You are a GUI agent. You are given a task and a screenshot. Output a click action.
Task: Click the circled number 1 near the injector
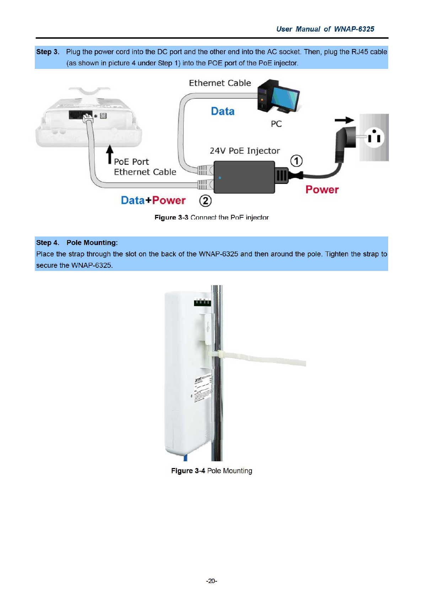pos(296,161)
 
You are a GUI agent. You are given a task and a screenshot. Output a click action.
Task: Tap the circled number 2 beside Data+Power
pos(205,201)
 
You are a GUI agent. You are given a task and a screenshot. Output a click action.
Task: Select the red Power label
pos(322,190)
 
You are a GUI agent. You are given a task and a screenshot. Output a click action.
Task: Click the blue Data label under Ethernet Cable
pos(223,112)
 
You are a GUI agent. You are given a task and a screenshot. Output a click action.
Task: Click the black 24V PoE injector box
pos(244,177)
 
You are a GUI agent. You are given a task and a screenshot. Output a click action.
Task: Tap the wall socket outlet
pos(374,137)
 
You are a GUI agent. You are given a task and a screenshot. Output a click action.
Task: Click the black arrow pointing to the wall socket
pos(344,120)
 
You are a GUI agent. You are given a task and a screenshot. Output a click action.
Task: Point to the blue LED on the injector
pos(220,178)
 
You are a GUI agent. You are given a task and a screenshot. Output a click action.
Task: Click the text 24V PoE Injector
pos(245,151)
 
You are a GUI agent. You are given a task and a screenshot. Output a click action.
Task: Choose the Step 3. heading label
pos(48,52)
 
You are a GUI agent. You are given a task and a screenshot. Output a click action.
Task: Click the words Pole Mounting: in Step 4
pos(92,243)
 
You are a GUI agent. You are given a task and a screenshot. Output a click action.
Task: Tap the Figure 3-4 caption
pos(211,471)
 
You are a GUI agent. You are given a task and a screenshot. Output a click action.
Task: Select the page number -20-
pos(211,581)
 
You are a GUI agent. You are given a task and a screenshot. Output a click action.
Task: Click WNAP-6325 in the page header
pos(354,29)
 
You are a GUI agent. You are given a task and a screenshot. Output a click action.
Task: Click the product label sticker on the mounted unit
pos(203,388)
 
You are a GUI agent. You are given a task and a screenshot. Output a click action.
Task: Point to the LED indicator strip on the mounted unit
pos(202,303)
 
